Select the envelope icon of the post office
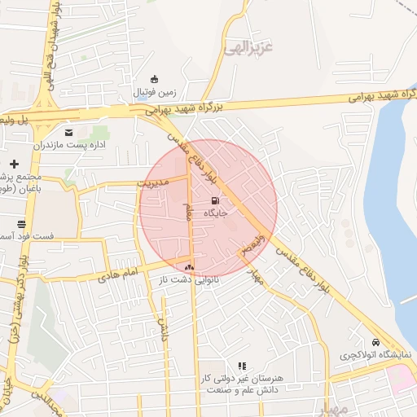[x=68, y=131]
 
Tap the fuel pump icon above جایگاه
[x=214, y=200]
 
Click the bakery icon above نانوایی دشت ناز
[x=190, y=267]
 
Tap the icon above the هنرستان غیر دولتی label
[x=241, y=367]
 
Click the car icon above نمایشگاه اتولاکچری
[x=375, y=343]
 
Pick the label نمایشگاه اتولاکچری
[x=375, y=356]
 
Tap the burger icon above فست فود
[x=20, y=223]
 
